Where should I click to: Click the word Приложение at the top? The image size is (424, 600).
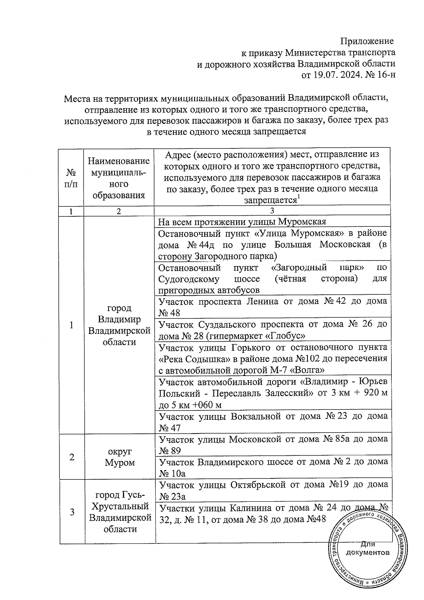click(x=367, y=41)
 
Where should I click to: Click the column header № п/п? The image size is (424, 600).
click(x=71, y=178)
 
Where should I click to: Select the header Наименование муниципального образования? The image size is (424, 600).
click(x=119, y=178)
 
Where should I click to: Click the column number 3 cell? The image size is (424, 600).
click(x=272, y=211)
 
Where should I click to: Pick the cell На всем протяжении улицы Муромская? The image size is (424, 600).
click(x=242, y=222)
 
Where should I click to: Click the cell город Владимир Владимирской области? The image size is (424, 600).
click(x=119, y=325)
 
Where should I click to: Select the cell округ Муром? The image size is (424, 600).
click(x=119, y=457)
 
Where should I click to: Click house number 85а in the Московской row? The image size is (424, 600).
click(x=341, y=439)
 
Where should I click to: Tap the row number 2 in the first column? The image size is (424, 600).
click(x=72, y=457)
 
